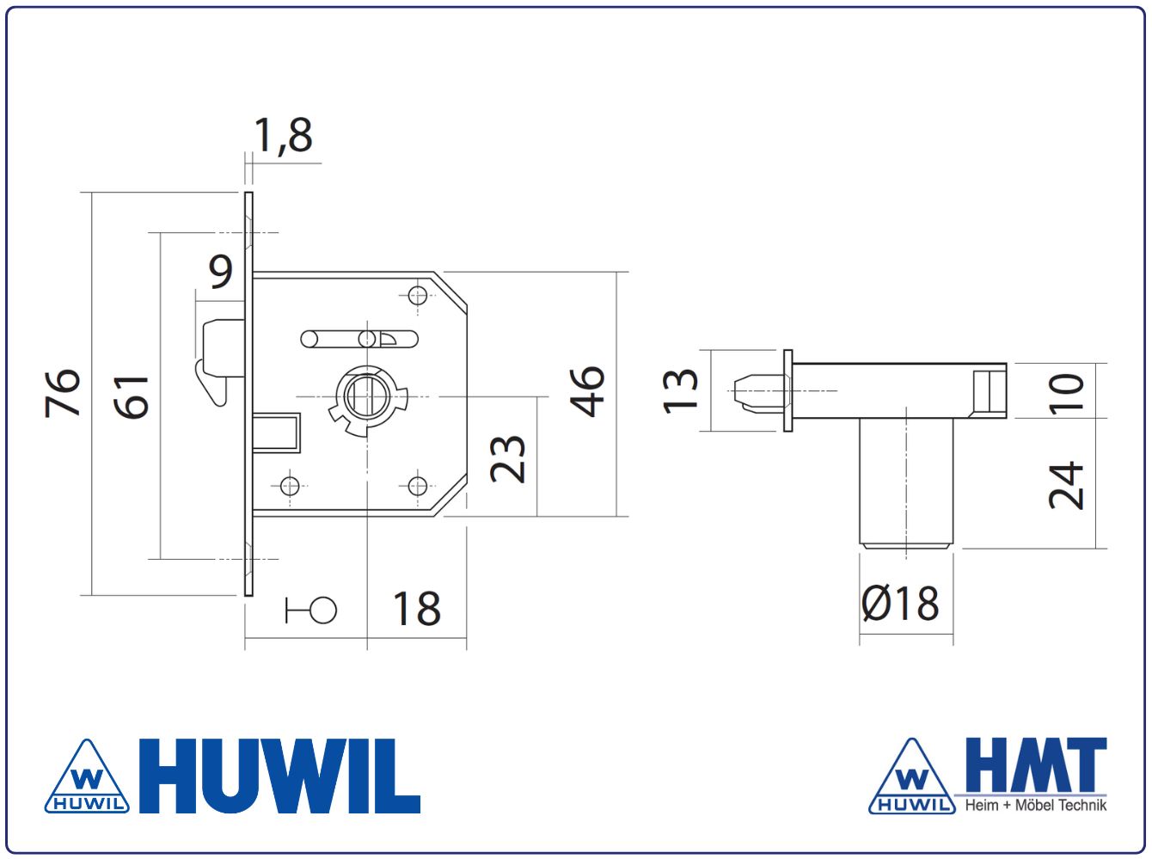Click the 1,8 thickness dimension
pyautogui.click(x=283, y=135)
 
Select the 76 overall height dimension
pyautogui.click(x=63, y=394)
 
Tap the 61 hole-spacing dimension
pyautogui.click(x=132, y=398)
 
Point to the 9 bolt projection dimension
pyautogui.click(x=220, y=272)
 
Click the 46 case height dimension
pyautogui.click(x=587, y=391)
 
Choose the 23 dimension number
pyautogui.click(x=507, y=459)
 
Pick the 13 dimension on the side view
pyautogui.click(x=680, y=391)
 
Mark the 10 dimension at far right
pyautogui.click(x=1066, y=394)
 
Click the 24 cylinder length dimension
pyautogui.click(x=1066, y=485)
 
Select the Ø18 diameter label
pyautogui.click(x=899, y=603)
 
